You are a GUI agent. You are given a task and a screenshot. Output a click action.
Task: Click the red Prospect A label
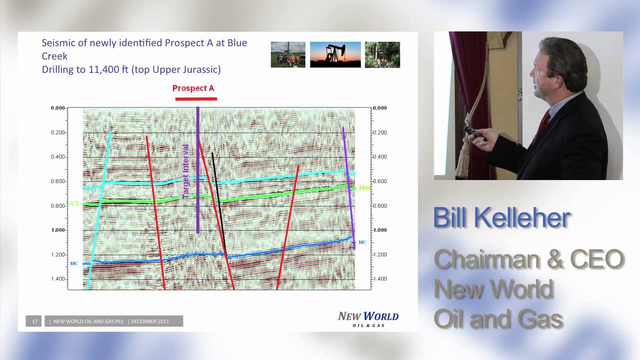click(193, 88)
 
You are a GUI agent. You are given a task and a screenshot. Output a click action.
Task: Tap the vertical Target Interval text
click(185, 171)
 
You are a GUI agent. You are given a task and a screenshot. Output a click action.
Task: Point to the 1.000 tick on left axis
click(58, 230)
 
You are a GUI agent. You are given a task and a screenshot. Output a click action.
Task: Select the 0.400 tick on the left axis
click(58, 157)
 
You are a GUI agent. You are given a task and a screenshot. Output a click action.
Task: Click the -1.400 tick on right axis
click(379, 279)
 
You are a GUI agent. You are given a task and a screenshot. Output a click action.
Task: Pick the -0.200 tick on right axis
click(379, 132)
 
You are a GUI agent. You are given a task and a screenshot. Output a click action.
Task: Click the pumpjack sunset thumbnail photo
click(335, 54)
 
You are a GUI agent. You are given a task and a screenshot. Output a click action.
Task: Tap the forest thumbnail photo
click(382, 54)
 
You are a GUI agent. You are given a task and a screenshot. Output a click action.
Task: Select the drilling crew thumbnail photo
click(288, 54)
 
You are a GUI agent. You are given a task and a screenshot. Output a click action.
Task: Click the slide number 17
click(34, 321)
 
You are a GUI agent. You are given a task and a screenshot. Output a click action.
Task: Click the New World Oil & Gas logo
click(368, 318)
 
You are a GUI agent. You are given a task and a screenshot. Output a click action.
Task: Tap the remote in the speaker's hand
click(473, 132)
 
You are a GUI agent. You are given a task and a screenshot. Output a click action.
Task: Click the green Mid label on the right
click(364, 188)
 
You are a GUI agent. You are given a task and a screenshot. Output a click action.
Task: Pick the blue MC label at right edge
click(362, 242)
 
